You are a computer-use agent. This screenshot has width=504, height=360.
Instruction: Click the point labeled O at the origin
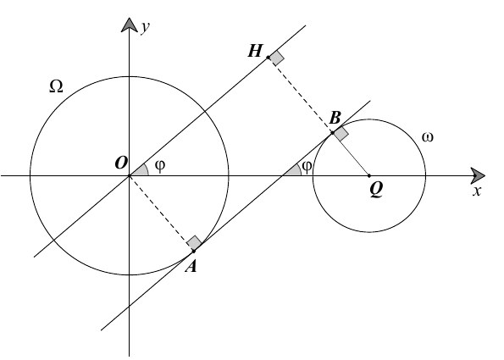pos(130,176)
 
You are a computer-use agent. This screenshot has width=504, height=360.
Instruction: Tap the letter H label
pos(255,51)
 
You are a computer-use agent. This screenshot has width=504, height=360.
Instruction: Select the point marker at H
pos(268,58)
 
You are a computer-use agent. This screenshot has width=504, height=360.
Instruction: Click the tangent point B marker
pos(332,132)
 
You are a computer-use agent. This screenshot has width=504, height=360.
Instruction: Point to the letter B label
pos(335,118)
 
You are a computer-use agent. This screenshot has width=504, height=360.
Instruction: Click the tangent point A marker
pos(194,251)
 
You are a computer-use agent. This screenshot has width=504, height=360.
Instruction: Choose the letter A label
pos(191,266)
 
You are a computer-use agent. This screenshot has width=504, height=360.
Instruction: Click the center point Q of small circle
pos(369,176)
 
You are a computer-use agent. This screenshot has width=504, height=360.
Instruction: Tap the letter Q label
pos(376,190)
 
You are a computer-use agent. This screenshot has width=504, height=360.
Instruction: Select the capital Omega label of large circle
pos(56,86)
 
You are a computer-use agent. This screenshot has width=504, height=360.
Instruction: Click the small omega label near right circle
pos(427,137)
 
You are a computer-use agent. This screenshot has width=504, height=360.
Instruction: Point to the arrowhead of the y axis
pos(130,25)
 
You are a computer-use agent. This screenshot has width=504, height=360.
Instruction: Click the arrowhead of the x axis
pos(478,176)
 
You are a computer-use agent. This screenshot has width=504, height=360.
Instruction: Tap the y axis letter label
pos(146,27)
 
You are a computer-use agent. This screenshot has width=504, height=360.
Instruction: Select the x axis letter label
pos(477,191)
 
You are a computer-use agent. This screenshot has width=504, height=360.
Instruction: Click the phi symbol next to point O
pos(160,166)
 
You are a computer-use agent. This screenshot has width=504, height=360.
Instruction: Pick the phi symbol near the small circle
pos(307,166)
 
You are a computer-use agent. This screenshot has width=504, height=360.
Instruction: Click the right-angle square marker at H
pos(277,58)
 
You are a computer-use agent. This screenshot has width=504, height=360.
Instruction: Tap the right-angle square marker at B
pos(341,133)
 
